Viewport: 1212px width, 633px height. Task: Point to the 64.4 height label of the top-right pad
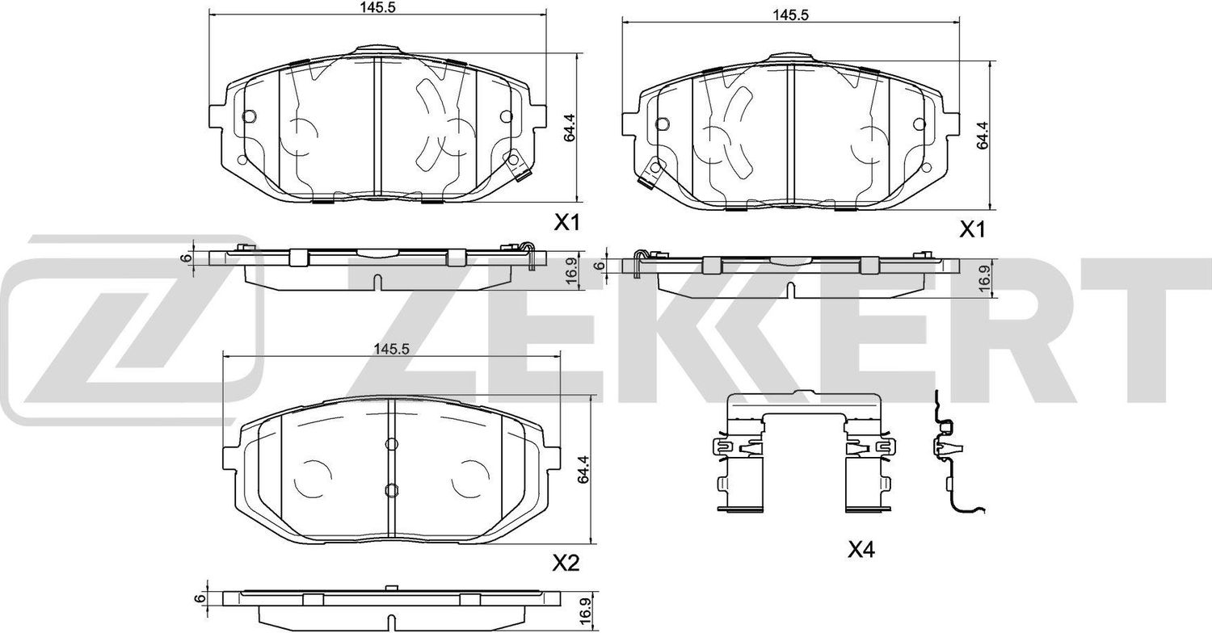click(982, 135)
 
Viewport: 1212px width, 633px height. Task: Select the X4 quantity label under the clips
click(861, 551)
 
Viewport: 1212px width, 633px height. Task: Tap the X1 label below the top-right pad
click(973, 231)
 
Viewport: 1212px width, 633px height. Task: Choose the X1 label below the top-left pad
click(568, 224)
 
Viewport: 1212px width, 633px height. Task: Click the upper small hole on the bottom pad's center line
click(390, 443)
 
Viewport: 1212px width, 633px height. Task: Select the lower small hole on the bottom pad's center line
click(390, 489)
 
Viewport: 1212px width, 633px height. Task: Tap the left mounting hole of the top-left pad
click(249, 115)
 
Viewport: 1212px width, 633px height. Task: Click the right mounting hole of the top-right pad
click(919, 124)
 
